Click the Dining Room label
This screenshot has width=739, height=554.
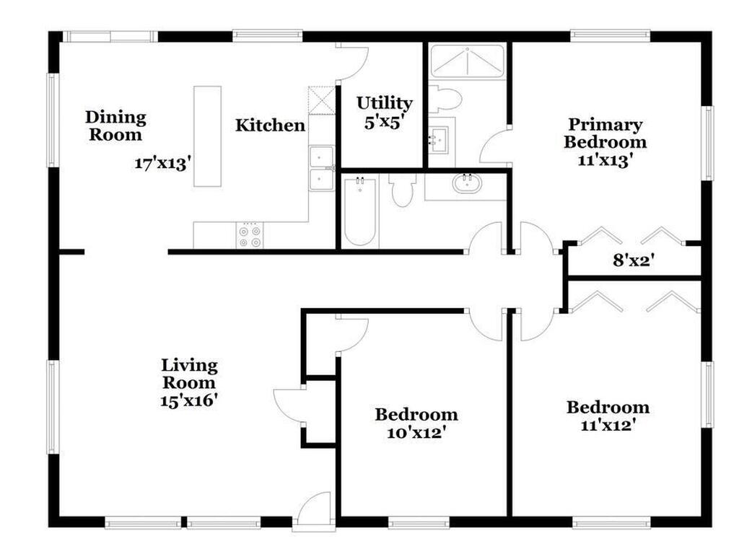115,126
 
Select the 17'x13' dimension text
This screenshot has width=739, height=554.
162,163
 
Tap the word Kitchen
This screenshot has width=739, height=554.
270,126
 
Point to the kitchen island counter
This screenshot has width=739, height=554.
207,136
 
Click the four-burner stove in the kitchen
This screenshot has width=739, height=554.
250,235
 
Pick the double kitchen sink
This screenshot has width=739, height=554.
321,168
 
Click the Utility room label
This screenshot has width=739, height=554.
384,103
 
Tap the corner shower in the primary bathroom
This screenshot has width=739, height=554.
468,62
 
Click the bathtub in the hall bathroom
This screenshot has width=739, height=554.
359,212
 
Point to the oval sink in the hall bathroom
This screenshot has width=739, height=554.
467,184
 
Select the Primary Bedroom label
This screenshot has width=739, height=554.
605,133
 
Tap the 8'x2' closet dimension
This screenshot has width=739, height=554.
633,260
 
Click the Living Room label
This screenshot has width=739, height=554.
189,374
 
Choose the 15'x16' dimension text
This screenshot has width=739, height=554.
189,400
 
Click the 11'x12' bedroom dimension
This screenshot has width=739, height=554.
607,426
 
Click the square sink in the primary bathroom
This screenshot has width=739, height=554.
440,136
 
